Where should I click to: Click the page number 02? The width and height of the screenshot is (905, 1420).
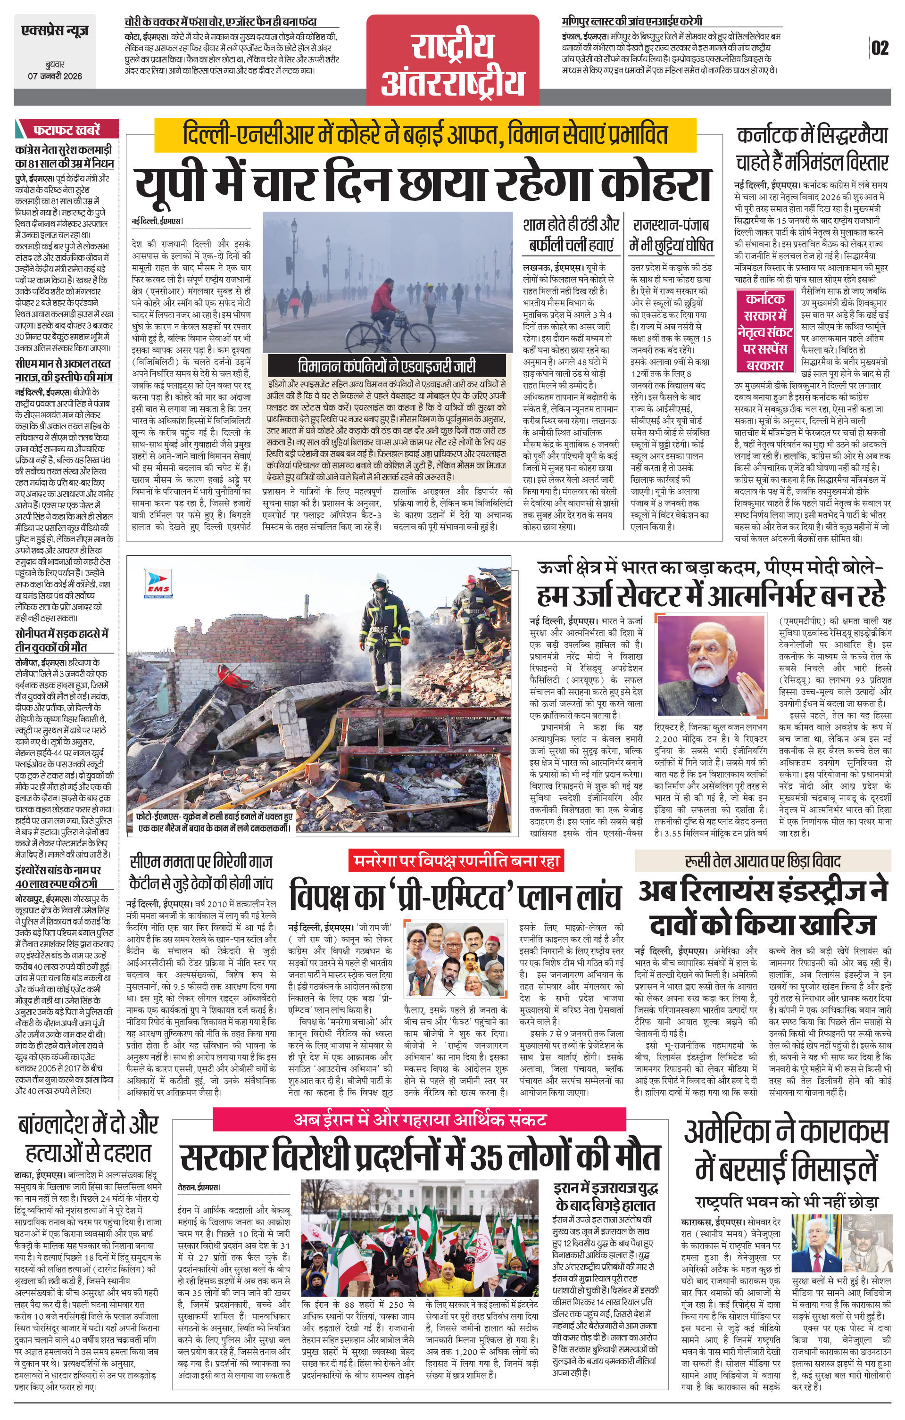[x=880, y=48]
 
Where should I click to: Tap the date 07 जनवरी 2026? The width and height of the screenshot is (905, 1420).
[x=55, y=76]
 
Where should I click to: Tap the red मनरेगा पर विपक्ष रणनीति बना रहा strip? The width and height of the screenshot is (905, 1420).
[x=456, y=861]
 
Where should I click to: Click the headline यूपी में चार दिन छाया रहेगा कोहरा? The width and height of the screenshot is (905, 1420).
[x=422, y=183]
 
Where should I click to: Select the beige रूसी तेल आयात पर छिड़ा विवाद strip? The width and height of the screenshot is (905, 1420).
[x=762, y=861]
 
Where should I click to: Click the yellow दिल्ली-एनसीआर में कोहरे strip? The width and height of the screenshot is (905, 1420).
[x=425, y=134]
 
